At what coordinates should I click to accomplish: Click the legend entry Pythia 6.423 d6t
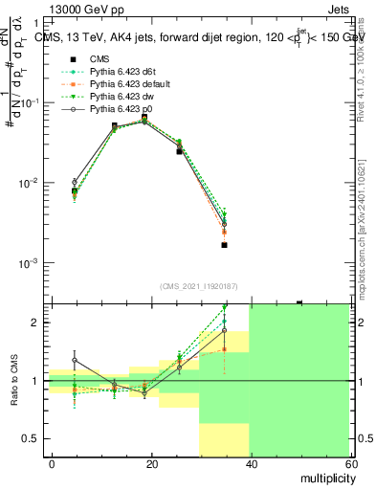[x=118, y=71]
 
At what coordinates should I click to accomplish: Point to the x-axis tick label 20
[x=150, y=462]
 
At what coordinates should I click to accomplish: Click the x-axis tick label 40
[x=250, y=462]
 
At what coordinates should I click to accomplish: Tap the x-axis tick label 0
[x=52, y=462]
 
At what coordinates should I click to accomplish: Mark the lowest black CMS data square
[x=224, y=245]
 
